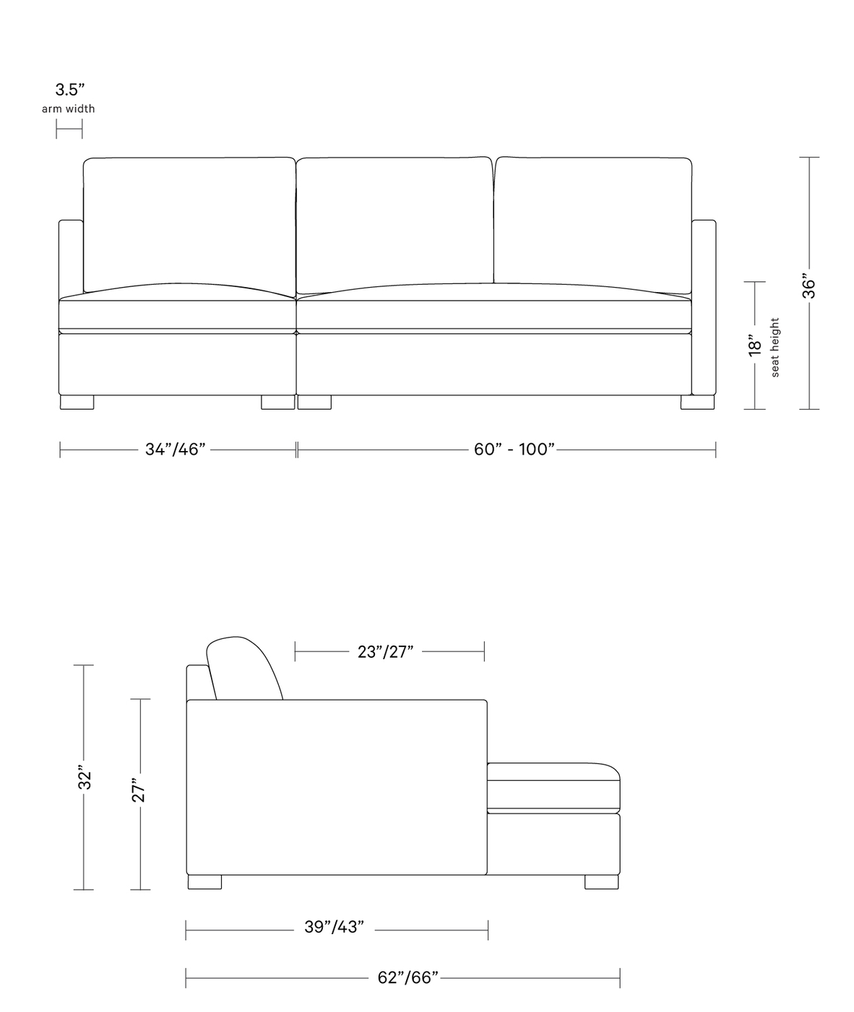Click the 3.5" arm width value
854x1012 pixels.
pyautogui.click(x=70, y=90)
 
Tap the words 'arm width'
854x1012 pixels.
pyautogui.click(x=69, y=108)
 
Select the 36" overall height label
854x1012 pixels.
pyautogui.click(x=809, y=288)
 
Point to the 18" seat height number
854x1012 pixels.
pyautogui.click(x=755, y=345)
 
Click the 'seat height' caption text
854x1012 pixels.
pyautogui.click(x=775, y=347)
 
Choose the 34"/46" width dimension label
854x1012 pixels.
pyautogui.click(x=176, y=450)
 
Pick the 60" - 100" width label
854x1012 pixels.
pyautogui.click(x=514, y=450)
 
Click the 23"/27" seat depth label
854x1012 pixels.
pyautogui.click(x=385, y=652)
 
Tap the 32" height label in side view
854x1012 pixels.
pyautogui.click(x=85, y=777)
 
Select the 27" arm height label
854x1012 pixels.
pyautogui.click(x=138, y=790)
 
